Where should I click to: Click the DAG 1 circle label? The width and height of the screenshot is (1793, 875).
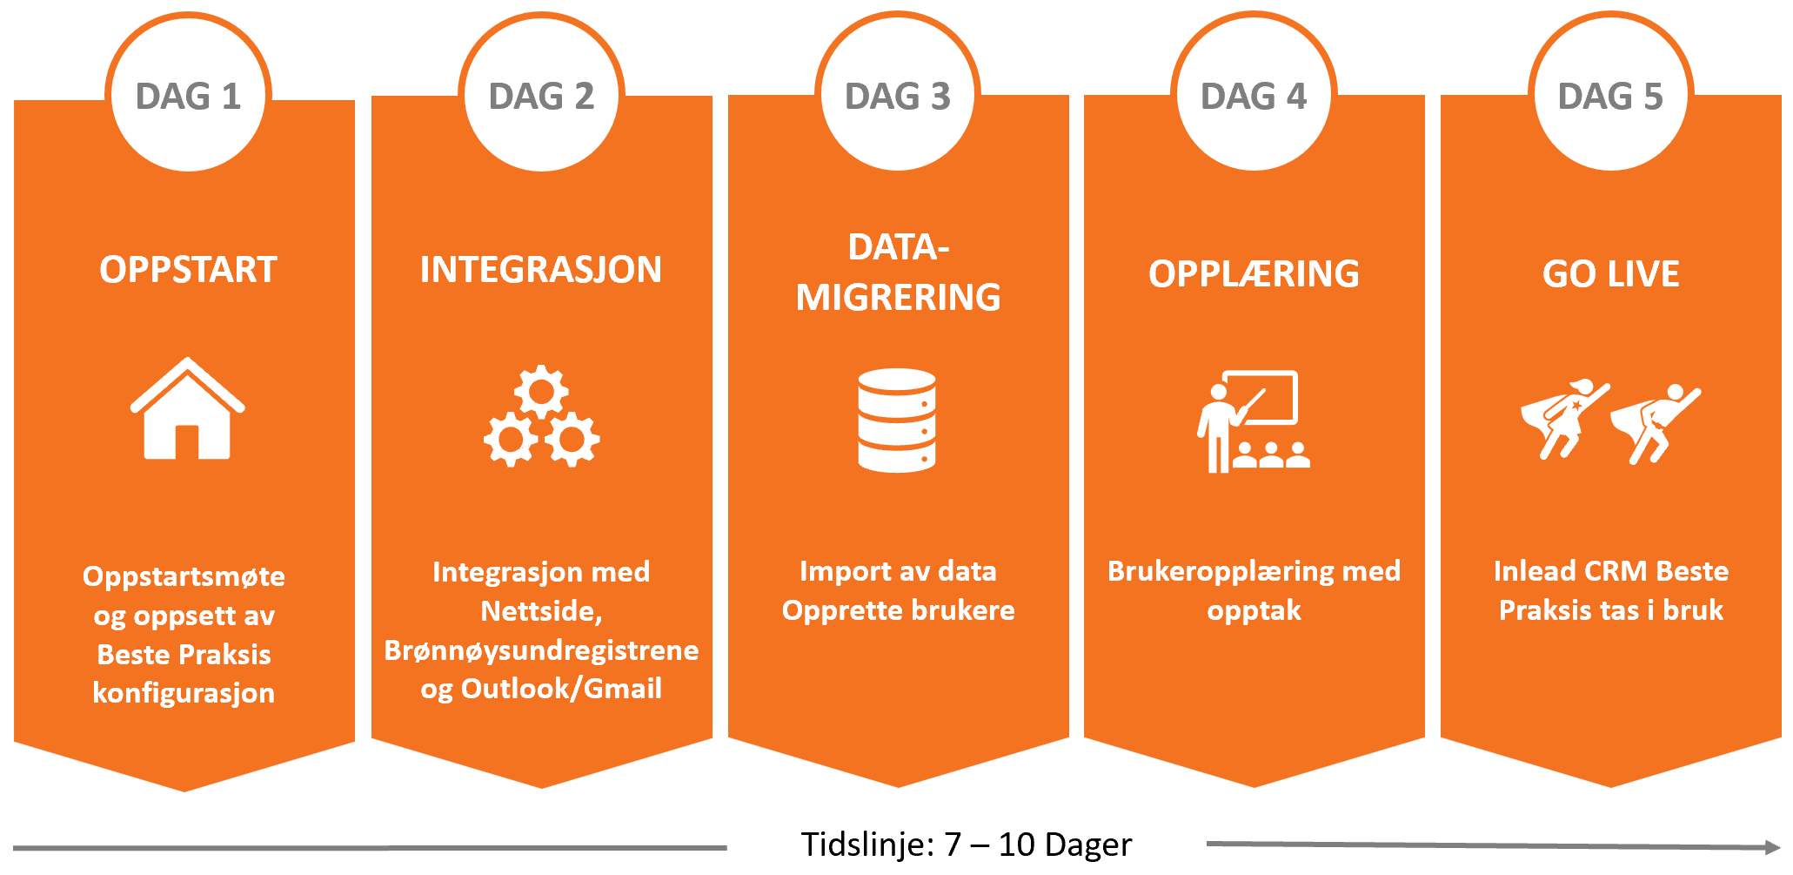(x=188, y=96)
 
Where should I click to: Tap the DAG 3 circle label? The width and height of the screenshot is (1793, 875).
(x=898, y=96)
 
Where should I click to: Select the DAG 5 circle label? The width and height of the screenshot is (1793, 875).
(x=1610, y=96)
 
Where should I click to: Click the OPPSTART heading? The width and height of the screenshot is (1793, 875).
(x=188, y=270)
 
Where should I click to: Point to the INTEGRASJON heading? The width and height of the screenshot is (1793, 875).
(x=541, y=270)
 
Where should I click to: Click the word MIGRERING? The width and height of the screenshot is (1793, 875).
(x=898, y=298)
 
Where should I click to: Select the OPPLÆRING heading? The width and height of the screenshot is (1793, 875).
(x=1254, y=273)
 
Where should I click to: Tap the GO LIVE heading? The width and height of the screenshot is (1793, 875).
(x=1610, y=273)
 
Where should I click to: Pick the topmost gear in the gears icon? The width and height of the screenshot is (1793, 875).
(x=541, y=392)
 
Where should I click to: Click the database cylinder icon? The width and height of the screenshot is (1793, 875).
(x=897, y=421)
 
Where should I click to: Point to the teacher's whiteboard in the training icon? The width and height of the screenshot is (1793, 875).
(x=1261, y=398)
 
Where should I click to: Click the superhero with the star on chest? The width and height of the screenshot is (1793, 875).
(x=1563, y=418)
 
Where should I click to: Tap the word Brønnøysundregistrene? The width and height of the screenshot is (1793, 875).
(x=541, y=650)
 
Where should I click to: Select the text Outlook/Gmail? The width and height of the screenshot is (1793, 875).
(x=561, y=689)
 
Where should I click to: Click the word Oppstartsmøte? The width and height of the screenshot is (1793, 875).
(x=184, y=576)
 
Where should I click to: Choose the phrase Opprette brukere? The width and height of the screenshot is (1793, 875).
(x=898, y=610)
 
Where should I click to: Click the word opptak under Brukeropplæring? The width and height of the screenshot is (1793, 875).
(x=1254, y=611)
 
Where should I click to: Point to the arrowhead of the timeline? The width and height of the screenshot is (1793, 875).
(x=1773, y=846)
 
